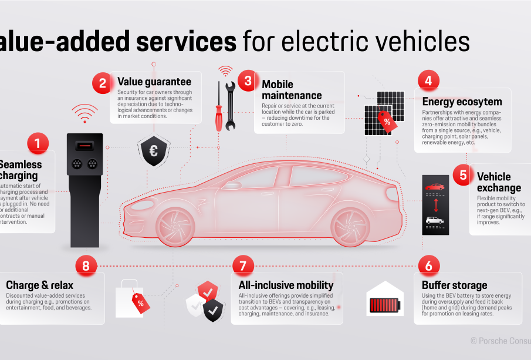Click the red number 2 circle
pos(102,83)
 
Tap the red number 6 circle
pos(428,265)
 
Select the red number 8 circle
pos(86,265)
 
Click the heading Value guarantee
pos(154,82)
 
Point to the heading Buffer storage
pos(454,285)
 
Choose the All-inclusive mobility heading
pos(286,285)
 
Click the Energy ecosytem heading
pos(462,102)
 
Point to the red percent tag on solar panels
pos(387,121)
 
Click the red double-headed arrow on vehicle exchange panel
pos(435,204)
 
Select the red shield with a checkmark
pos(207,291)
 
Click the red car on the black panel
pos(435,187)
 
